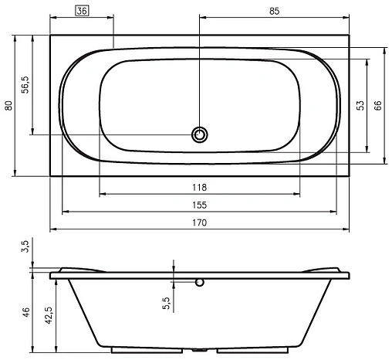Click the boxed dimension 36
[83, 11]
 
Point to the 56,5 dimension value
[25, 84]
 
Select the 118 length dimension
[199, 188]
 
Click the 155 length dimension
[199, 205]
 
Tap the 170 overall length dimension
[199, 222]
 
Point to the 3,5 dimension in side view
[25, 248]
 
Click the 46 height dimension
[25, 312]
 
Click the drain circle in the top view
[200, 135]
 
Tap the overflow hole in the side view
[200, 283]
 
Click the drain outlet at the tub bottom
[200, 348]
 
